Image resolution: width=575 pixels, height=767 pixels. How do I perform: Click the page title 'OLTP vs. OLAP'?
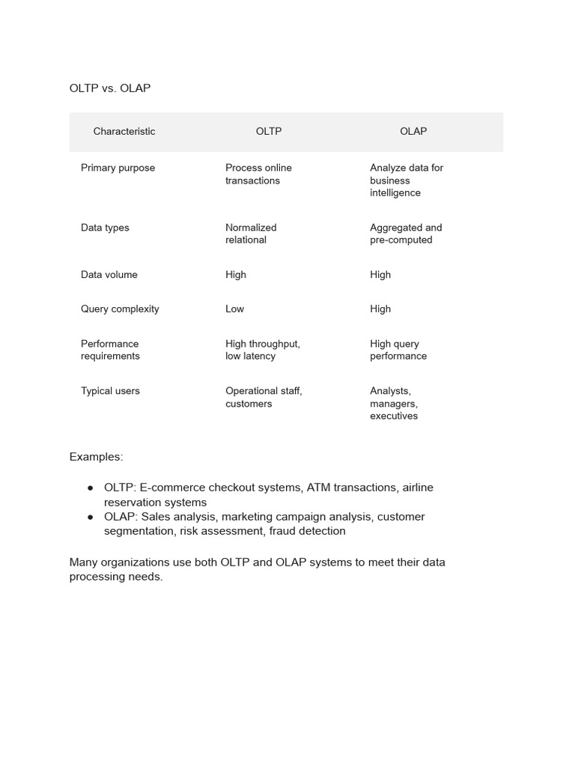click(110, 88)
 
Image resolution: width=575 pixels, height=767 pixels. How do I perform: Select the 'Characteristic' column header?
click(124, 132)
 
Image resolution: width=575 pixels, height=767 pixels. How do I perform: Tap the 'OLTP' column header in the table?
click(269, 132)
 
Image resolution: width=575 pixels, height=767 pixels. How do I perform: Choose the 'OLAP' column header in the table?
click(413, 132)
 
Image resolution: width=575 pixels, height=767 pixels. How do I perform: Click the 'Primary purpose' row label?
click(118, 168)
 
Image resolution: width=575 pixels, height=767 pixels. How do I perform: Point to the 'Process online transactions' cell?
click(258, 174)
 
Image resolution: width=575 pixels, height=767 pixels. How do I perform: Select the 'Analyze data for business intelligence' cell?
click(406, 181)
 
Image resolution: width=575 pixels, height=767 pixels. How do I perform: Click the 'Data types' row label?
click(105, 228)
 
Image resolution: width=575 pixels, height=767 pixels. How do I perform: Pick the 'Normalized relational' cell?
click(251, 234)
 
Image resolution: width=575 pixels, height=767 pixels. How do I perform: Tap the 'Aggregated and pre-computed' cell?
click(406, 234)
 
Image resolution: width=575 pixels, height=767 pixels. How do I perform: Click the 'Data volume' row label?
click(109, 275)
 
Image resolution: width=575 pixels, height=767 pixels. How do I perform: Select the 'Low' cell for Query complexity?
click(234, 309)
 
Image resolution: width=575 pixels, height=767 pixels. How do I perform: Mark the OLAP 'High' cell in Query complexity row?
click(380, 309)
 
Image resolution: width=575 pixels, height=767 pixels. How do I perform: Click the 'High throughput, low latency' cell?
click(262, 350)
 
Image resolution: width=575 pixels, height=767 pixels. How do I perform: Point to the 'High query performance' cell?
click(398, 350)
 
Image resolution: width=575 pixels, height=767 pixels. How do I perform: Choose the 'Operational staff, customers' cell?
click(264, 397)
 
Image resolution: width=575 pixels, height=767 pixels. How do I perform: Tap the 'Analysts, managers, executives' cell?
click(394, 404)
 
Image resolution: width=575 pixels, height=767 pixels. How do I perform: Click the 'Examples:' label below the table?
click(96, 457)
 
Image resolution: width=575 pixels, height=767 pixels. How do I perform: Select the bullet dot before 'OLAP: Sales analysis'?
click(90, 517)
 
